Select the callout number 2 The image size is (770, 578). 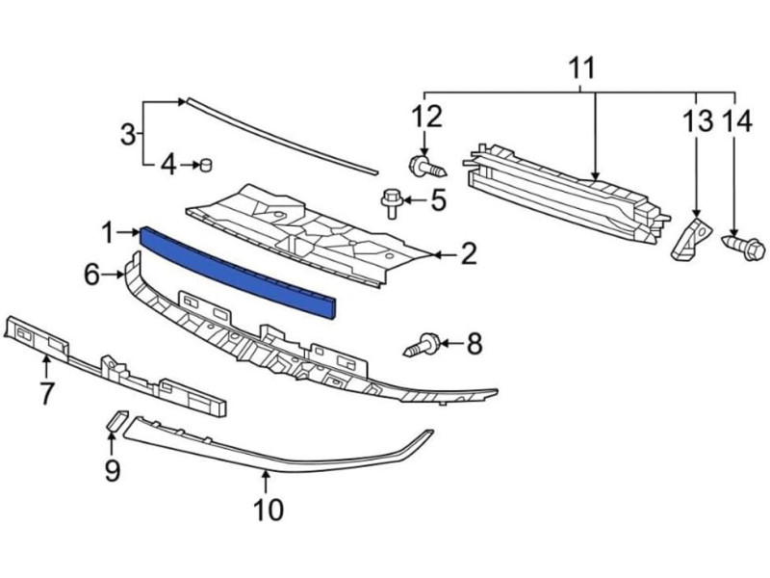pyautogui.click(x=468, y=254)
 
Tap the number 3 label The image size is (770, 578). pyautogui.click(x=128, y=134)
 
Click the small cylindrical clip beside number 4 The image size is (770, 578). pyautogui.click(x=206, y=165)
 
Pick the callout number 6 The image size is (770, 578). pyautogui.click(x=91, y=275)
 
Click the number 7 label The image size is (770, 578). pyautogui.click(x=46, y=393)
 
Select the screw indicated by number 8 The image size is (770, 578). pyautogui.click(x=422, y=345)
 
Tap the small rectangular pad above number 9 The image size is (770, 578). pyautogui.click(x=117, y=421)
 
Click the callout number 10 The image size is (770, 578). pyautogui.click(x=269, y=510)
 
